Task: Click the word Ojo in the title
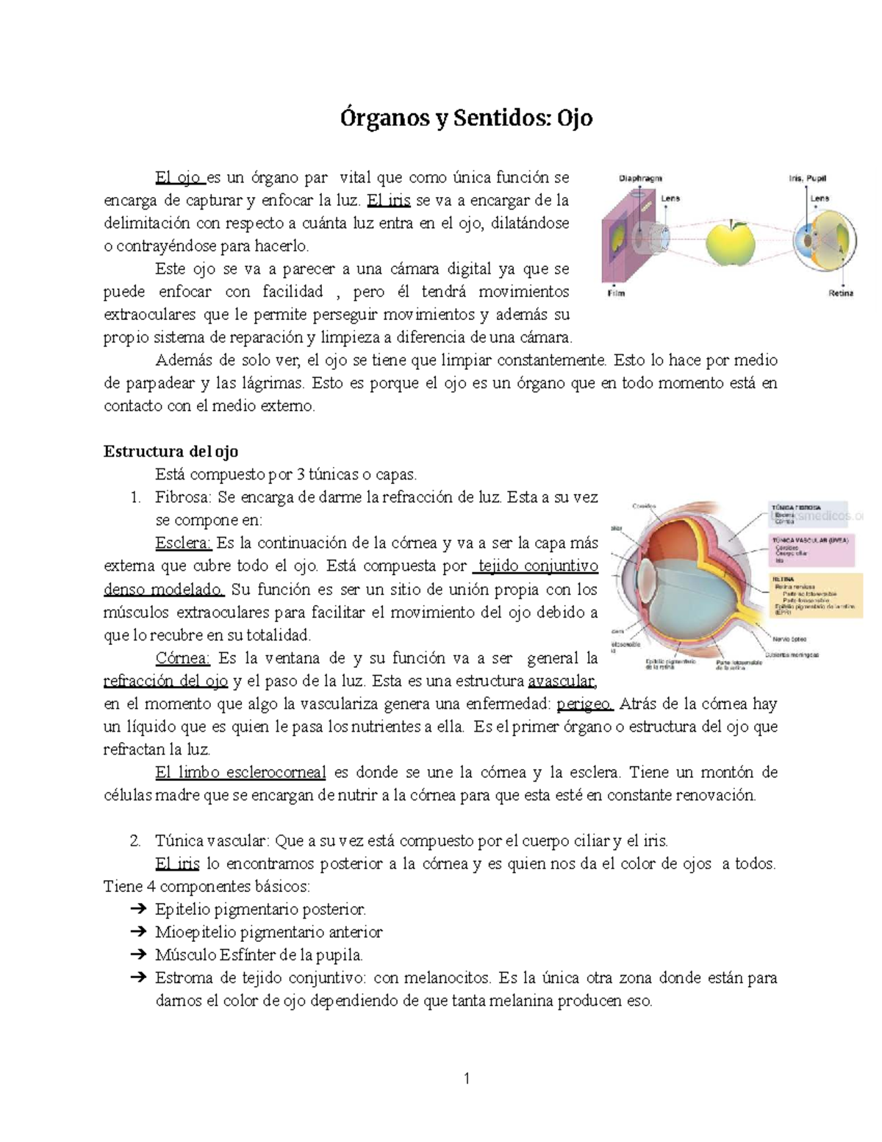coord(574,118)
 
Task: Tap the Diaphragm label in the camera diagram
coord(640,178)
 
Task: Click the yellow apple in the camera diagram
coord(730,240)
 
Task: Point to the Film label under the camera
coord(616,293)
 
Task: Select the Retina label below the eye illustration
coord(841,293)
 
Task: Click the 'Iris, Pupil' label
coord(808,178)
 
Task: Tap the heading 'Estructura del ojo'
coord(171,451)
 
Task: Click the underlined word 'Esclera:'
coord(183,543)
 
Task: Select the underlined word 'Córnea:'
coord(183,658)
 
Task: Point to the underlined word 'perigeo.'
coord(584,704)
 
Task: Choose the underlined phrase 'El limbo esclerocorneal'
coord(240,772)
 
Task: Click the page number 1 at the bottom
coord(466,1079)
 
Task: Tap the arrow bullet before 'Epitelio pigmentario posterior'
coord(137,910)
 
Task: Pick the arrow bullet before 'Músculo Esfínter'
coord(137,955)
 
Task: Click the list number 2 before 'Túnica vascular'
coord(134,841)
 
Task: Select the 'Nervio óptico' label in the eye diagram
coord(789,639)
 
